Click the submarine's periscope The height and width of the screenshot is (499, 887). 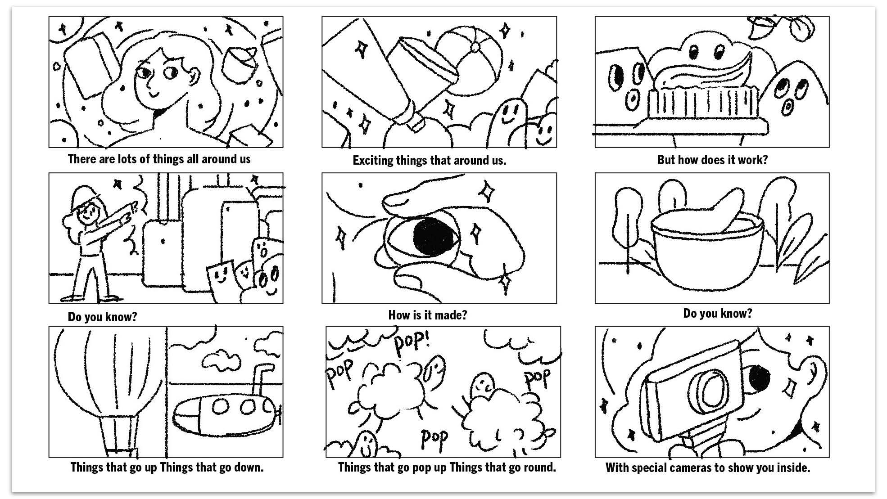pos(261,378)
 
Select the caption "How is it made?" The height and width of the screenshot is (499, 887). pos(427,315)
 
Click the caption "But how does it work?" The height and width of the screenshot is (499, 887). pos(712,160)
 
